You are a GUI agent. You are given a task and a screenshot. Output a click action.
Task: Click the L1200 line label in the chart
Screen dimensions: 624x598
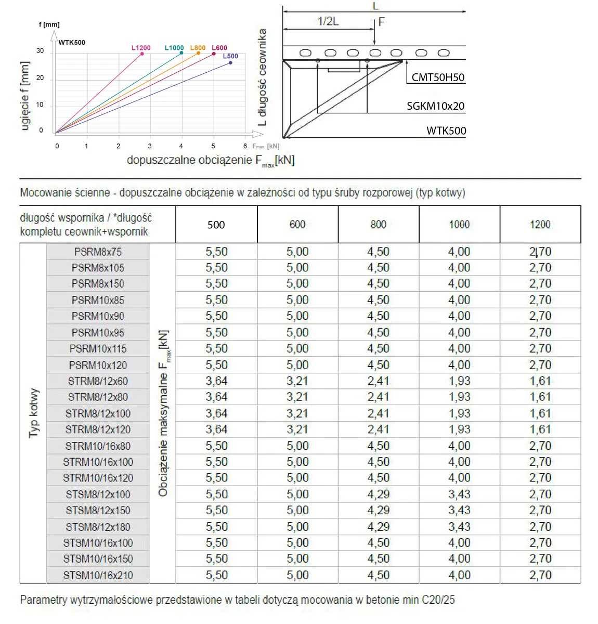(x=141, y=48)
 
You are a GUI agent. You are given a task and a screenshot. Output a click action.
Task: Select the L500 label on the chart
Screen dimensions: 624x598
(x=230, y=56)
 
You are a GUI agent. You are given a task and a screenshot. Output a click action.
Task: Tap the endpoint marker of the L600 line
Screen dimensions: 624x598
(x=214, y=54)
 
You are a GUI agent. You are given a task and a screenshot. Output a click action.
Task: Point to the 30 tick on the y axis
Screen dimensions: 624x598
(x=40, y=51)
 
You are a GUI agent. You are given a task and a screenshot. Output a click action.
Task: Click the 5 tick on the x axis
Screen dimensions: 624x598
(x=213, y=146)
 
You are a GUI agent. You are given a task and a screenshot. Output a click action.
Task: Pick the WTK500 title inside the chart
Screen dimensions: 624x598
(x=72, y=43)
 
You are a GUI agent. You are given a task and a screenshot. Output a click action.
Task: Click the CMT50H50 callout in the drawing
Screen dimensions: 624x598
(x=438, y=77)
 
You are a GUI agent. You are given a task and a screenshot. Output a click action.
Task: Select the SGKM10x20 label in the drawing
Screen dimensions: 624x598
(x=435, y=106)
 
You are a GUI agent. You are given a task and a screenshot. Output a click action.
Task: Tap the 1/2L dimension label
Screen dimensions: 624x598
(x=328, y=21)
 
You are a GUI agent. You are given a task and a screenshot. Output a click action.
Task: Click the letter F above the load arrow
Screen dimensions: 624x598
(x=381, y=22)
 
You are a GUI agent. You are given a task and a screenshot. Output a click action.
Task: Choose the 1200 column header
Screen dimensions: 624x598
(x=540, y=224)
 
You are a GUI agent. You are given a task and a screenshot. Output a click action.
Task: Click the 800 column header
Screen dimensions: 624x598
(x=378, y=224)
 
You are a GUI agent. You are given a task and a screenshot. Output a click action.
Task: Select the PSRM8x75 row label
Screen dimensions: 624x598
(x=98, y=252)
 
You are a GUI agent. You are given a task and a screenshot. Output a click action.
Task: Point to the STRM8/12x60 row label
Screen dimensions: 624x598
(x=98, y=381)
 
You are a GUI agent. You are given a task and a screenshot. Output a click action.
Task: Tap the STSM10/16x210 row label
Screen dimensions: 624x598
(x=98, y=575)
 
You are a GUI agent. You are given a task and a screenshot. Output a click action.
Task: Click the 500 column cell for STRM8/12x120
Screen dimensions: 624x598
(x=216, y=430)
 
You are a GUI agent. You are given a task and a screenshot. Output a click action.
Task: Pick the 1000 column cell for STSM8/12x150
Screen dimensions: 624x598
(x=459, y=510)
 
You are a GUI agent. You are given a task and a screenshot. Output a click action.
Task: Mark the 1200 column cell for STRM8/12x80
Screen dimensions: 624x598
(x=540, y=397)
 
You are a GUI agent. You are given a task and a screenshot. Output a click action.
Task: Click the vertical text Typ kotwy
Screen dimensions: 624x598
(x=34, y=413)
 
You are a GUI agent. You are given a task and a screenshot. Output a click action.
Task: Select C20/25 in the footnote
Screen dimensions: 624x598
(x=438, y=600)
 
